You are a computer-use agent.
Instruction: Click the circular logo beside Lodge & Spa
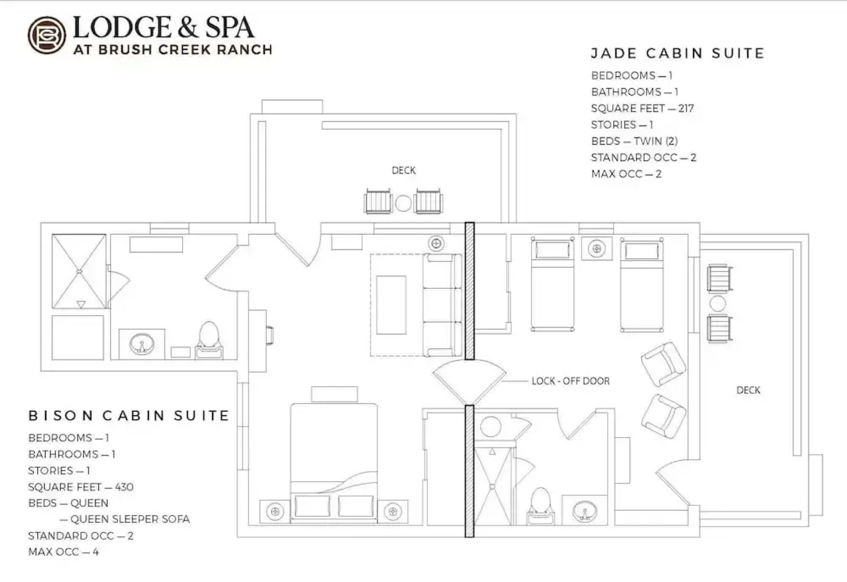[x=47, y=35]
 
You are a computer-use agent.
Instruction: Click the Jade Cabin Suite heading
[x=677, y=53]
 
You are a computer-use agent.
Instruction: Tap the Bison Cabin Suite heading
[x=129, y=415]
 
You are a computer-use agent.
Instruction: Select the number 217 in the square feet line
[x=686, y=108]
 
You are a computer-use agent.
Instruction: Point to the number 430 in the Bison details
[x=124, y=487]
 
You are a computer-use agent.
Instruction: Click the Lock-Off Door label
[x=571, y=381]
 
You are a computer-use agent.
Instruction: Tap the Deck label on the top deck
[x=404, y=170]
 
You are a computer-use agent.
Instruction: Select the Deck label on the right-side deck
[x=748, y=390]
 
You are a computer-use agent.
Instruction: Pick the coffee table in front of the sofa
[x=391, y=305]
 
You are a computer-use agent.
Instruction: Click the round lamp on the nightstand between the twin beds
[x=596, y=248]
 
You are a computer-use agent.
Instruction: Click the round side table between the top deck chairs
[x=404, y=203]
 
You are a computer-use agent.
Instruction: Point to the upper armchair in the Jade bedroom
[x=663, y=364]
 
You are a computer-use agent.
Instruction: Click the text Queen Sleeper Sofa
[x=130, y=519]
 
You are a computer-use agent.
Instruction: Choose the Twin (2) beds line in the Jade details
[x=634, y=141]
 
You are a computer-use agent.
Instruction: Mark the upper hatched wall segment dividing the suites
[x=469, y=291]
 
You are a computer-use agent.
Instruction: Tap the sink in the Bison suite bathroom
[x=142, y=343]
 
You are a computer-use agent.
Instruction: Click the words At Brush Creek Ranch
[x=172, y=50]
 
